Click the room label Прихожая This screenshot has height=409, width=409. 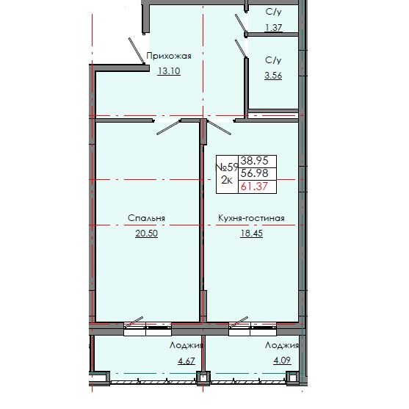coord(169,56)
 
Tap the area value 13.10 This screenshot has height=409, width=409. coord(168,71)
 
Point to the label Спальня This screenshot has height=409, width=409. coord(145,218)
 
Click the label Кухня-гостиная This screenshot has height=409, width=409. coord(250,218)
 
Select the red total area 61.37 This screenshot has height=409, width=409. coord(254,187)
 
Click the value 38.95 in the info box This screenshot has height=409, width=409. coord(254,159)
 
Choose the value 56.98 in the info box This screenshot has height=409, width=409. coord(254,173)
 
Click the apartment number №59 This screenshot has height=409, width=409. coord(226,167)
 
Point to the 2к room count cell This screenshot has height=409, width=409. coord(225,181)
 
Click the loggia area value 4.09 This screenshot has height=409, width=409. coord(282,361)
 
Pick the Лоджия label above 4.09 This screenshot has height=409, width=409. coord(283,344)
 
